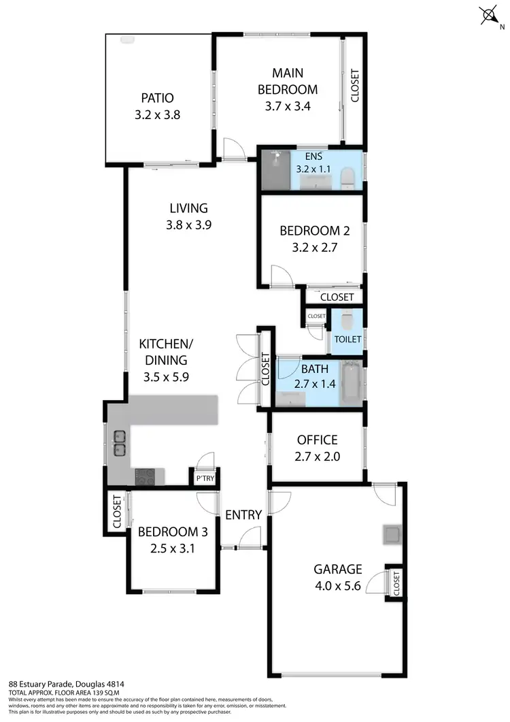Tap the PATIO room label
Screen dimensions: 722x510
pyautogui.click(x=157, y=97)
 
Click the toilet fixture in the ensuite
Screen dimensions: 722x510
pyautogui.click(x=347, y=178)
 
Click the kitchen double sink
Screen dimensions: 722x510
pyautogui.click(x=118, y=442)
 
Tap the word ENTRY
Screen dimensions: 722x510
pyautogui.click(x=243, y=515)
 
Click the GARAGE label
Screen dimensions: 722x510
pyautogui.click(x=337, y=569)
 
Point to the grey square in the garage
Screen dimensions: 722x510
pyautogui.click(x=391, y=535)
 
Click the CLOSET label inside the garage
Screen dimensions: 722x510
pyautogui.click(x=396, y=582)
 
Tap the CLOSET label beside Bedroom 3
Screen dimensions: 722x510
pyautogui.click(x=116, y=512)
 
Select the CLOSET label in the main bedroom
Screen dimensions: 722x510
pyautogui.click(x=354, y=86)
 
